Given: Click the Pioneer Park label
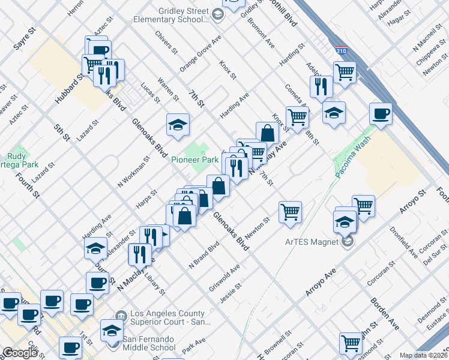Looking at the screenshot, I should click(194, 160).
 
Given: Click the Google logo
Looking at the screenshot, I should click(20, 352).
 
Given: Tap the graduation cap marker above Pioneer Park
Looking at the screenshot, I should click(177, 125).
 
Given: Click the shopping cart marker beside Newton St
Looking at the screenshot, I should click(290, 212).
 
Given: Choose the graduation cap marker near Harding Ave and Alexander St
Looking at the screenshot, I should click(95, 248).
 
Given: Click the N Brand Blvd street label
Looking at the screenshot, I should click(202, 255).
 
